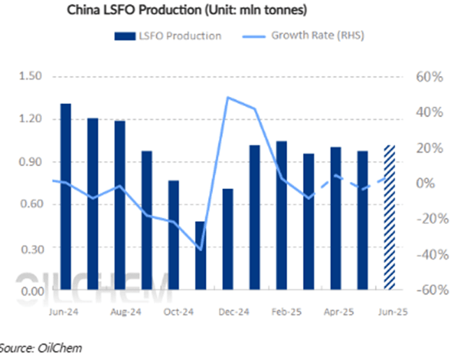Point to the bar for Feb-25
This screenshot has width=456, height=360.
281,216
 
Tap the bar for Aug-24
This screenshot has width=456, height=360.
119,205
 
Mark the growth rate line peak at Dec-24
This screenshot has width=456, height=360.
228,97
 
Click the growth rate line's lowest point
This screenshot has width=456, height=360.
200,250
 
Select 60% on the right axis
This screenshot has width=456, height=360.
427,76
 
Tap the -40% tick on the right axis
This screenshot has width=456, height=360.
425,255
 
